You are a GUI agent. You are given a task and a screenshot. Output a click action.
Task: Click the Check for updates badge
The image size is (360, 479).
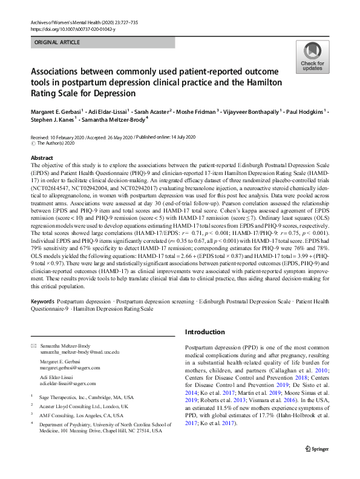click(x=312, y=58)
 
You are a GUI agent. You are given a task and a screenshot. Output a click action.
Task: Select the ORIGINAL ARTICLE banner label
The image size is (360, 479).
click(x=57, y=42)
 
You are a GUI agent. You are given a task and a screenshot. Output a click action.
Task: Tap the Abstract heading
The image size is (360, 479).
click(x=42, y=157)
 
